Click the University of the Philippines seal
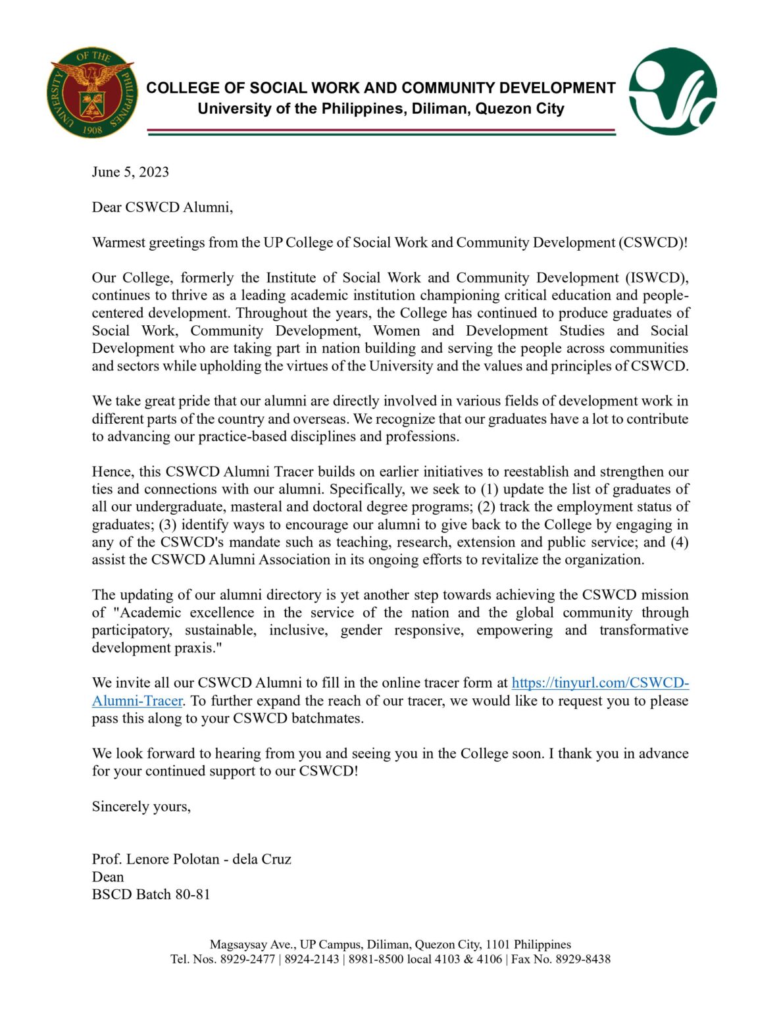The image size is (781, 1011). coord(92,92)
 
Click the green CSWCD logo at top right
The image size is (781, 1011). coord(672,91)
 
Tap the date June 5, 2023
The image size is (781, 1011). coord(130,172)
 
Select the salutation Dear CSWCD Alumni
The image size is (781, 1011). coord(163,207)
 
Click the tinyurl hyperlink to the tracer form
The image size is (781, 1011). coord(599,683)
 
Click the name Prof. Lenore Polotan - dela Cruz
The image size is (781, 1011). coord(191,860)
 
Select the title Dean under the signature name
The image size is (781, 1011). coord(108,877)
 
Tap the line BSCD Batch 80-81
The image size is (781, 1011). coord(151,894)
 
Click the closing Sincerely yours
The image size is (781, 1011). coord(141,807)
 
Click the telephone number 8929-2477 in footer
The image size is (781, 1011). coord(247,960)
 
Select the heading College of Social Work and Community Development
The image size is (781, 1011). coord(380,88)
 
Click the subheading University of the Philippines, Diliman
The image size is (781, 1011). coord(380,109)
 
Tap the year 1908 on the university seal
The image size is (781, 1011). coord(92,130)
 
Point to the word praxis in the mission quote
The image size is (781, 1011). coord(198,648)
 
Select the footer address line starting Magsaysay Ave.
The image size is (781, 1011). coord(390,945)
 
